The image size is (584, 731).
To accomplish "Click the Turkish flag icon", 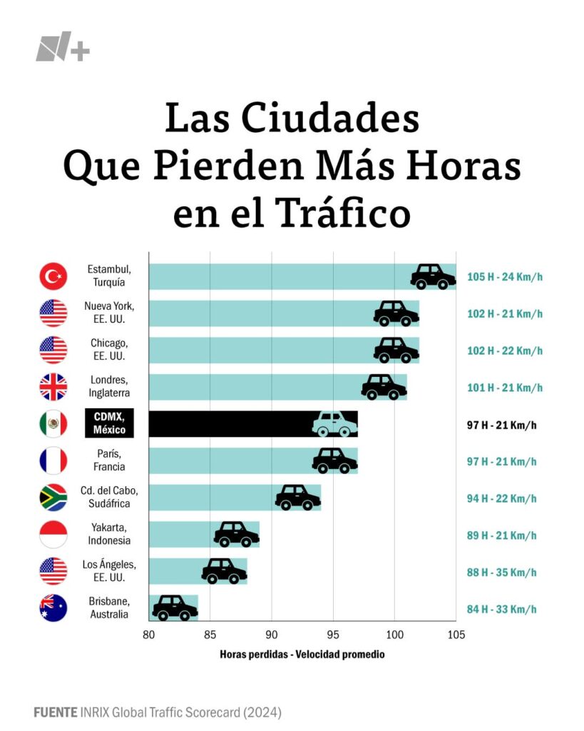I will (53, 276).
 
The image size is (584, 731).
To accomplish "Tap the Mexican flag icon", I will (53, 424).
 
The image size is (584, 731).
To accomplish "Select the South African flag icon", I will (53, 498).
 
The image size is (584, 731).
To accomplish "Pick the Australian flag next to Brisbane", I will (53, 608).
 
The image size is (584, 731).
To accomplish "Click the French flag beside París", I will (53, 460).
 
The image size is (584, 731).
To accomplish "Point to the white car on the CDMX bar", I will (334, 424).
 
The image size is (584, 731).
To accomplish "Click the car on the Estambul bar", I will (433, 276).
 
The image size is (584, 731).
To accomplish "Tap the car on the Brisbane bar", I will (175, 608).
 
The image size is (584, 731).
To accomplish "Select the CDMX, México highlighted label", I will (109, 424).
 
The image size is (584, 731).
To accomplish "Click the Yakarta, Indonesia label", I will (109, 535).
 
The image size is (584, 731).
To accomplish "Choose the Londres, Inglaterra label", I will (109, 386).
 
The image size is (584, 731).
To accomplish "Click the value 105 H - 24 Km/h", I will (504, 276).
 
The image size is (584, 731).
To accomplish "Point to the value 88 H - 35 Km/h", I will (504, 572).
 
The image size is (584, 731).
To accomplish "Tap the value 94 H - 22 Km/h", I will (504, 498).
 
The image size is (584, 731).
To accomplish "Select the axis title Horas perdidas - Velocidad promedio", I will (302, 654).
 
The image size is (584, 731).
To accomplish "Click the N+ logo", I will (63, 50).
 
